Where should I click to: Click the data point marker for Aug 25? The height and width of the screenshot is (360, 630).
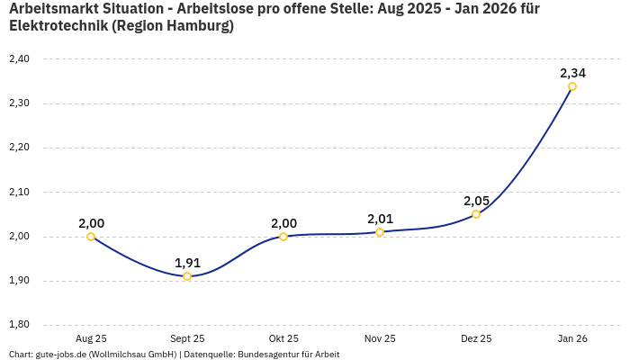[x=91, y=237]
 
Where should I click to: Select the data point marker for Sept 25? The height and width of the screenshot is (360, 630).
[x=187, y=276]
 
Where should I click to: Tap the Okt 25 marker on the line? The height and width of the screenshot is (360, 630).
[x=283, y=237]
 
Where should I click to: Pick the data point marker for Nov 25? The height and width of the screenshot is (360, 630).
[x=380, y=232]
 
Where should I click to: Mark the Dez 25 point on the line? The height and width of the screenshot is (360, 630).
[x=476, y=214]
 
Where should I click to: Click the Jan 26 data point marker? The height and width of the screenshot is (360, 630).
[x=572, y=86]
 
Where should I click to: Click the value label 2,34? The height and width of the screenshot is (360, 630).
[x=572, y=73]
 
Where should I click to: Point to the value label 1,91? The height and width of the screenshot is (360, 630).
[x=187, y=263]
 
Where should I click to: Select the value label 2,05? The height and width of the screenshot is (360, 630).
[x=476, y=201]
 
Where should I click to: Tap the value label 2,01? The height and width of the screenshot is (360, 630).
[x=380, y=219]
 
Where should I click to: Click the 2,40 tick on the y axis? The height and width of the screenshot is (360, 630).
[x=19, y=59]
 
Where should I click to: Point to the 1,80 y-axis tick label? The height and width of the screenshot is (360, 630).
[x=19, y=325]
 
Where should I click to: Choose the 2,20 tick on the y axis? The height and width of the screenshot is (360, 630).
[x=19, y=148]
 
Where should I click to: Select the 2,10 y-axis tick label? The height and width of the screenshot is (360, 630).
[x=19, y=192]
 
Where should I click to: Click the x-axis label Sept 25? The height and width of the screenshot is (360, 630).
[x=187, y=338]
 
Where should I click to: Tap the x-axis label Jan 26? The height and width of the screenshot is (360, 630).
[x=572, y=338]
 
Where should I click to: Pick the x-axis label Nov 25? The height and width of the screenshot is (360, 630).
[x=380, y=338]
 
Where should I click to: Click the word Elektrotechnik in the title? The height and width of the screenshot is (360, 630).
[x=58, y=26]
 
